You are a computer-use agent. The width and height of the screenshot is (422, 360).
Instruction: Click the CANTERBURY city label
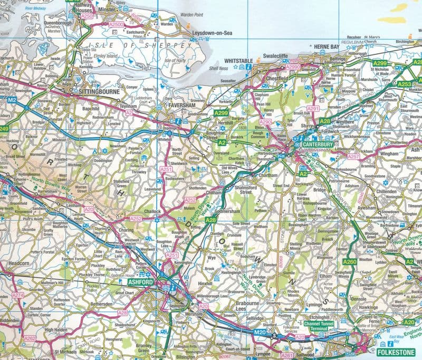320,144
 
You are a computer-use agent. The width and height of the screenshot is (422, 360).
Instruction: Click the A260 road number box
349,262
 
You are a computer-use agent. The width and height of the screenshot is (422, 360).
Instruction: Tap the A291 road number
313,109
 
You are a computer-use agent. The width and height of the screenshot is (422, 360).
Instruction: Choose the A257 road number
353,156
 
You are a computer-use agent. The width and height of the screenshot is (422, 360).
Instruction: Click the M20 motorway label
259,331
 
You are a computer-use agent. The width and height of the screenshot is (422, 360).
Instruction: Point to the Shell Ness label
218,68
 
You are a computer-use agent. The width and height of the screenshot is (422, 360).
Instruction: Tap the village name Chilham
213,194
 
